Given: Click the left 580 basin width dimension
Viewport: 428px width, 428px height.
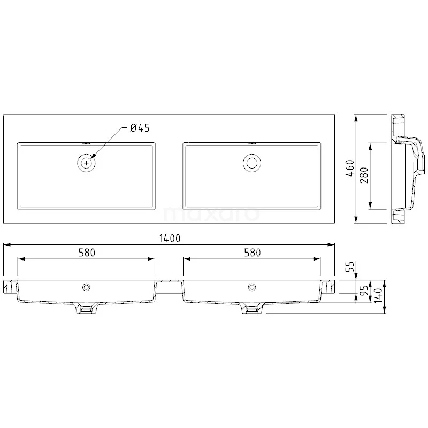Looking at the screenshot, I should coord(87,253).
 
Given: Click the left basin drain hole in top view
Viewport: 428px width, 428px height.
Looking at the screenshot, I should coord(86,162).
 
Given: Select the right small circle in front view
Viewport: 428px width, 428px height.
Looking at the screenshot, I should coord(251,288).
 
